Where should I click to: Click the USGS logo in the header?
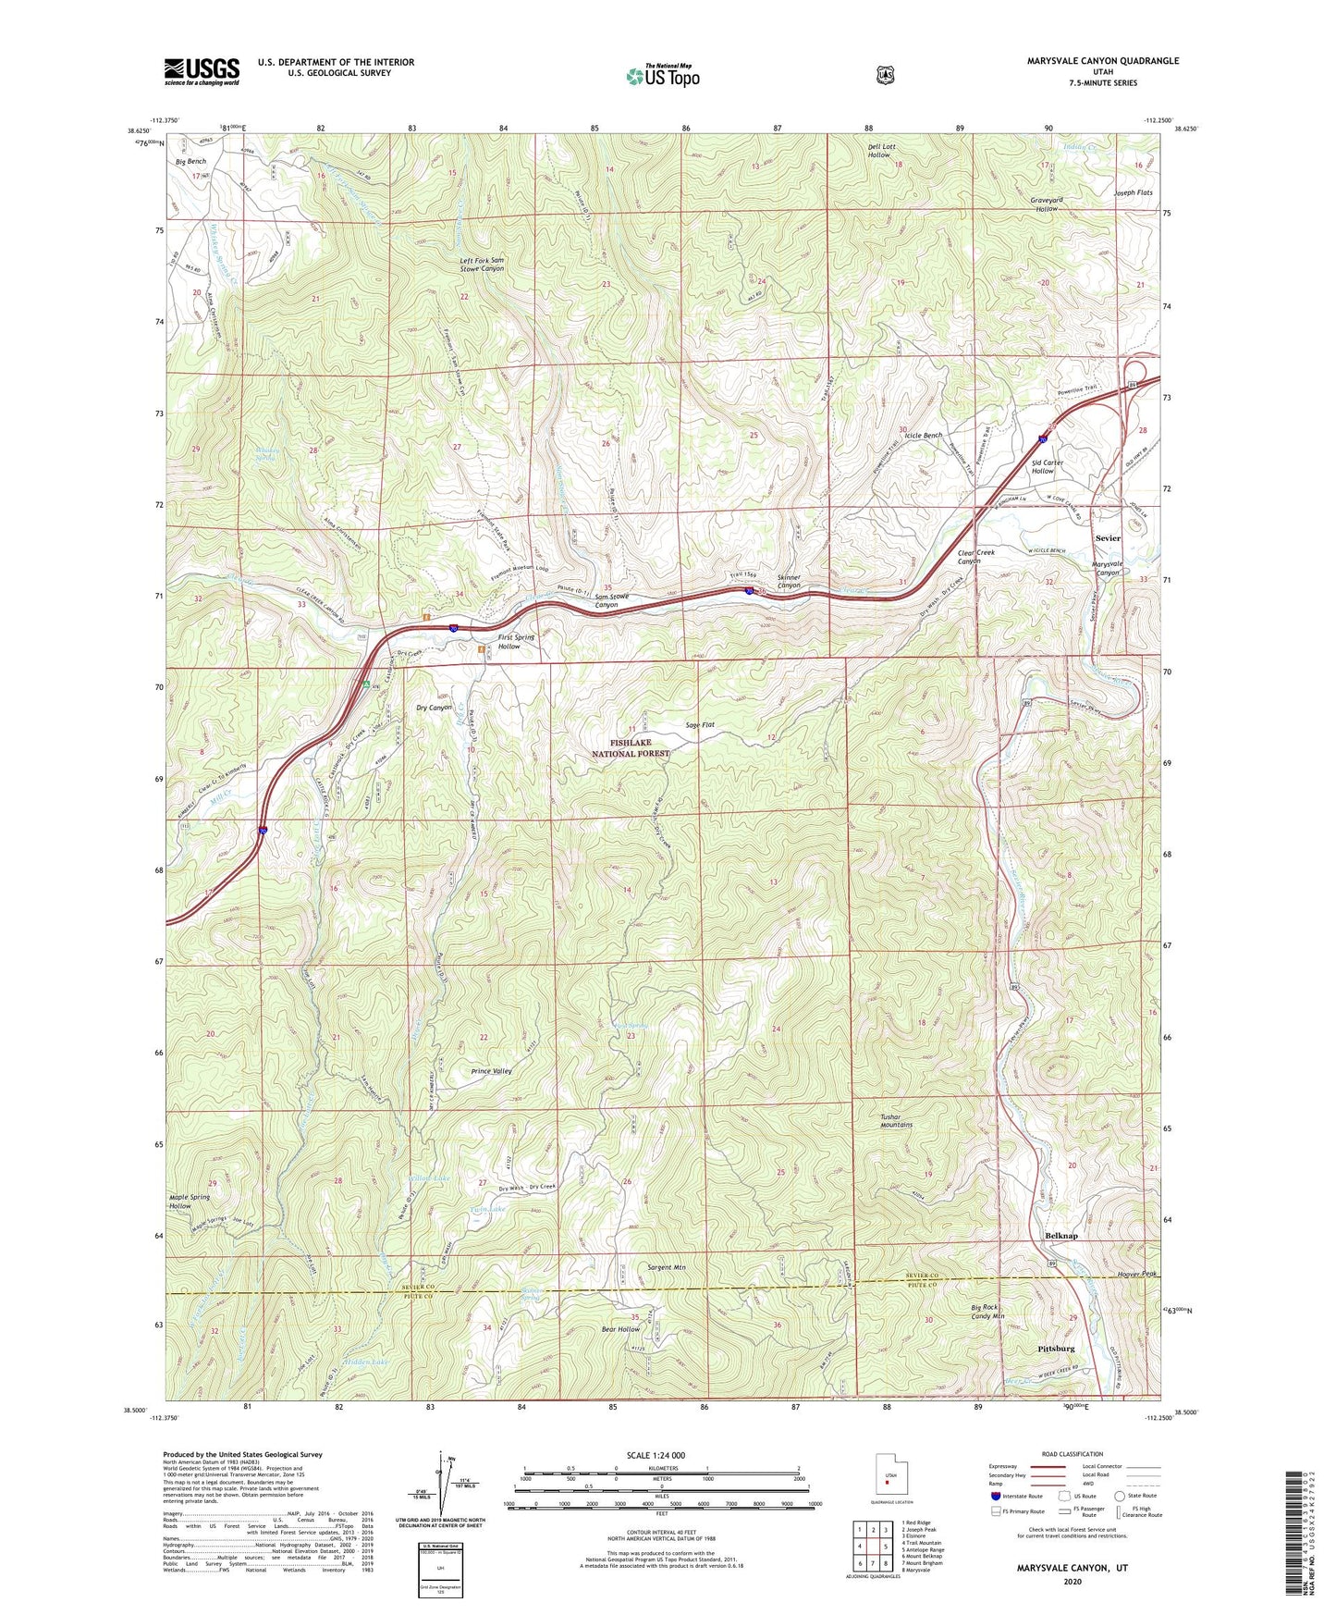click(x=202, y=70)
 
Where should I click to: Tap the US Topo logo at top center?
click(x=661, y=75)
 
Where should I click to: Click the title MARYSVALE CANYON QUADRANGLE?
click(x=1102, y=61)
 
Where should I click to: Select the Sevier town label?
click(x=1107, y=537)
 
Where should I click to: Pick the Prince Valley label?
click(x=491, y=1071)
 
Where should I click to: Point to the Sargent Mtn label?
click(x=666, y=1267)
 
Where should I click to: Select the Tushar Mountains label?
click(x=896, y=1121)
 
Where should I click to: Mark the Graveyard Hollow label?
click(x=1046, y=203)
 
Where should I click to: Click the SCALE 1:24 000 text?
click(x=656, y=1455)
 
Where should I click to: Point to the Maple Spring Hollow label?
click(x=190, y=1202)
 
